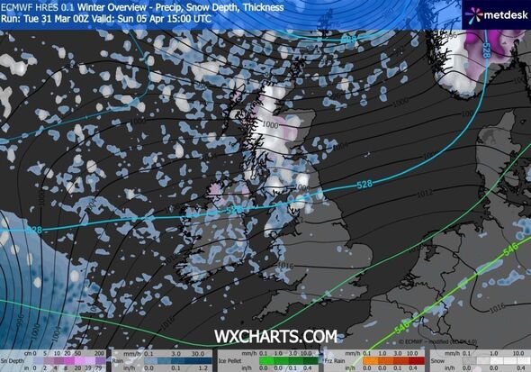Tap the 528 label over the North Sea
[364, 186]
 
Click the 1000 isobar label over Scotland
[271, 128]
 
